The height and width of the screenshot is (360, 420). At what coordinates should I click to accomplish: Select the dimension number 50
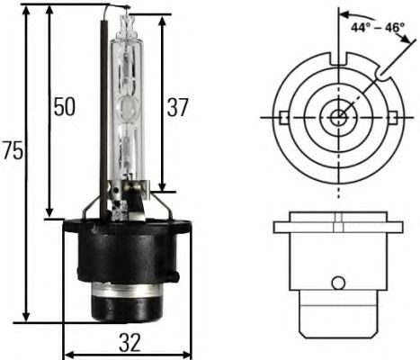pos(62,107)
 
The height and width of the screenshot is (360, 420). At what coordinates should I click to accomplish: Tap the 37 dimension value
pos(178,107)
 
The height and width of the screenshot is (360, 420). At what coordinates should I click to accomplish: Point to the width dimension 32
pos(130,342)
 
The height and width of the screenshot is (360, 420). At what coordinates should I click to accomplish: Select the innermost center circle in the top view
pos(338,117)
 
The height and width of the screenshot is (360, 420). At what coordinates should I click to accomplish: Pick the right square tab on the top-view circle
pos(394,117)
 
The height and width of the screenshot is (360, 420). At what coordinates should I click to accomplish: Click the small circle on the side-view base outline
pos(338,283)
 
